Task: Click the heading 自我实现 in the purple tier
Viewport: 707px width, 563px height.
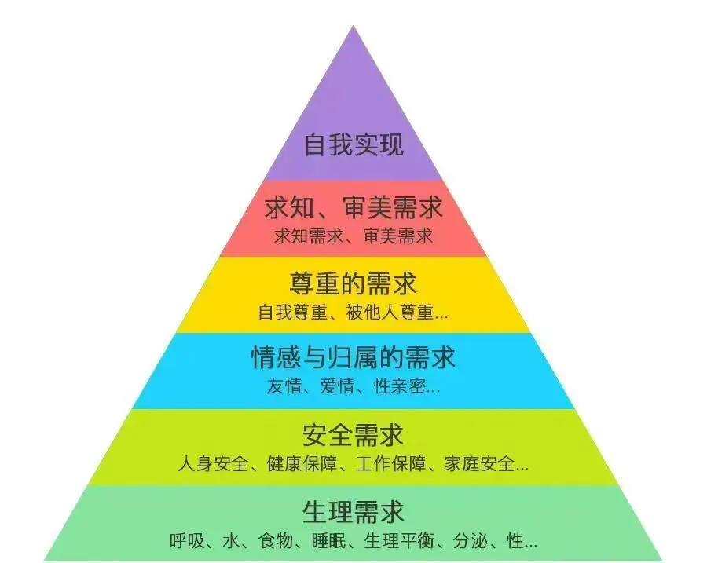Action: click(353, 146)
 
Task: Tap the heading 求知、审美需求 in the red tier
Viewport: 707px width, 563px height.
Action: click(353, 208)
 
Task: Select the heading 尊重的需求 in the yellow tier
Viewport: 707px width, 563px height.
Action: click(353, 283)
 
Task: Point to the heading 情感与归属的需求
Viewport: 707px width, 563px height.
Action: click(353, 358)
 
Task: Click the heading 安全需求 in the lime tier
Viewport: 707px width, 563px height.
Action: click(353, 433)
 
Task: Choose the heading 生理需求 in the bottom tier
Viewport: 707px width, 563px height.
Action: click(353, 511)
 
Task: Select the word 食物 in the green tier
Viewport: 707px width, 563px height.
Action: click(273, 541)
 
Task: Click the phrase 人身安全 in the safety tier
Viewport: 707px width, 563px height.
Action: click(211, 463)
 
